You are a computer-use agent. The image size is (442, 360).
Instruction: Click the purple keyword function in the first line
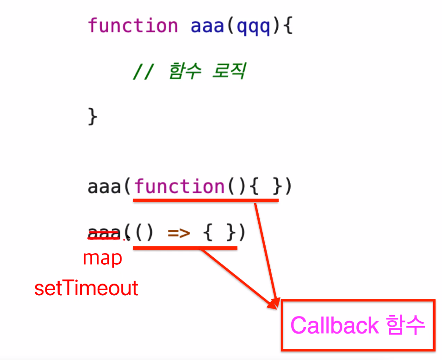(133, 25)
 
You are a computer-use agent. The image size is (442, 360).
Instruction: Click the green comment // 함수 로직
(188, 72)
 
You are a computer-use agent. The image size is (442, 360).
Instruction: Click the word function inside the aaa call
(179, 187)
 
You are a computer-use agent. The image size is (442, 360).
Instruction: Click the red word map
(102, 258)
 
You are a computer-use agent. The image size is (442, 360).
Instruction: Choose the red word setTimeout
(87, 288)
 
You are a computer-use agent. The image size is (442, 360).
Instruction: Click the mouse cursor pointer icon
(128, 238)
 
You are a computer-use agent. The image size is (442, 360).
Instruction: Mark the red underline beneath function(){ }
(205, 200)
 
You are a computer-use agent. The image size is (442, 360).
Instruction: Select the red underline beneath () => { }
(185, 248)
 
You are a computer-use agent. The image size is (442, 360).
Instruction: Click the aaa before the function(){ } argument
(104, 187)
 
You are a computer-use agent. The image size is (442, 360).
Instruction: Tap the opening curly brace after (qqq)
(287, 26)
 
